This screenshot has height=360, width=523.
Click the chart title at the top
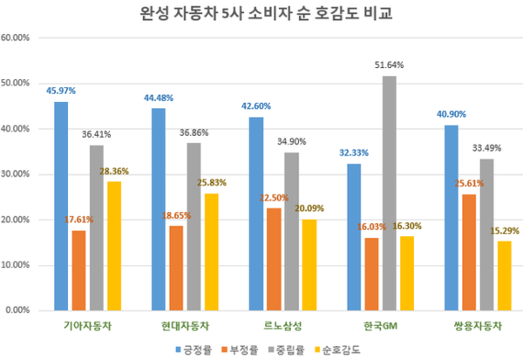pos(261,16)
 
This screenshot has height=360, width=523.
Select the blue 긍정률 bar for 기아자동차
pos(60,206)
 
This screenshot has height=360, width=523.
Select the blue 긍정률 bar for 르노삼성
pos(255,214)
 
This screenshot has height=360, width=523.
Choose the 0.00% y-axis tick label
pos(19,309)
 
